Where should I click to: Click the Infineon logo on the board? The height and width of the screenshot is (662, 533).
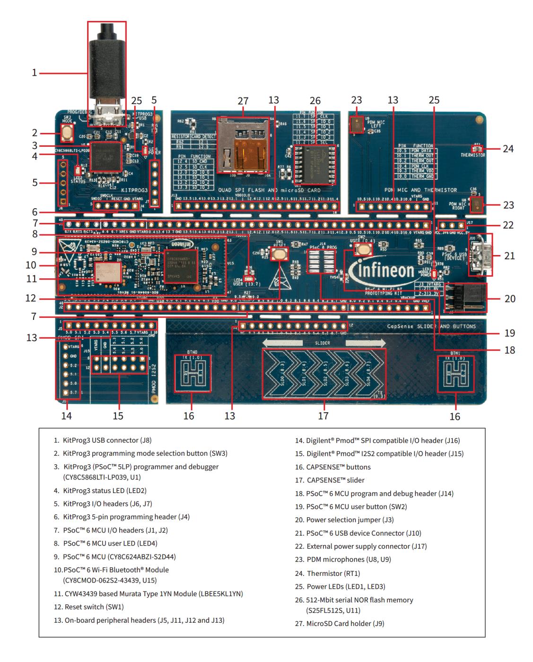(x=381, y=271)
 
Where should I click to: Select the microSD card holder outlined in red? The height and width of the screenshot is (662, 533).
(x=243, y=146)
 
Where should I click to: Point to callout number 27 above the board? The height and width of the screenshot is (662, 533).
(x=243, y=101)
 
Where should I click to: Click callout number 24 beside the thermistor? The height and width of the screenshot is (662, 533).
(x=508, y=149)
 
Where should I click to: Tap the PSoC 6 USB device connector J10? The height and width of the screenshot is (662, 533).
(x=481, y=255)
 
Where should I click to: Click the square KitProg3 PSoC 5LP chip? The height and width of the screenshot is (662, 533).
(x=105, y=156)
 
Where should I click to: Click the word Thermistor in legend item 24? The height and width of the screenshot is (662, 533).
(x=324, y=573)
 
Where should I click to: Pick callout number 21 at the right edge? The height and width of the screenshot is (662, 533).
(x=509, y=256)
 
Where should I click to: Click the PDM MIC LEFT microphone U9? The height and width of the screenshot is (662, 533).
(x=356, y=125)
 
